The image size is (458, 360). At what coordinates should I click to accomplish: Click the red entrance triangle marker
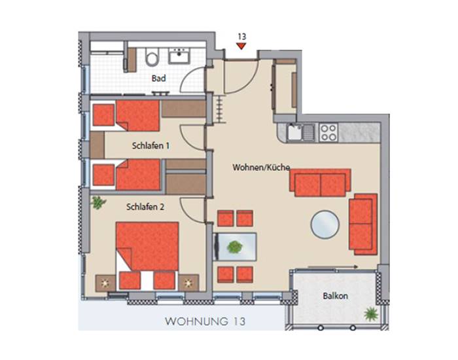[241, 46]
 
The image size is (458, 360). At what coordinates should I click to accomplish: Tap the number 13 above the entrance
[242, 37]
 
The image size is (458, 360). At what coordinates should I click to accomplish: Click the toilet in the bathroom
[152, 57]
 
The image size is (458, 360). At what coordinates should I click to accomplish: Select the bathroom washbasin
[179, 56]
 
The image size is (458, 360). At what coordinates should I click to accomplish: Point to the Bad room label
[158, 79]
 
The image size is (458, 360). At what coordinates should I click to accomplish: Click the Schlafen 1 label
[150, 145]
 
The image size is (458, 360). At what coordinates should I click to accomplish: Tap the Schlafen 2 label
[145, 207]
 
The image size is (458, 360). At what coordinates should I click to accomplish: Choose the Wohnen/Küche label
[261, 168]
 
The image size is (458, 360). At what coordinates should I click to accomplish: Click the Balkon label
[335, 296]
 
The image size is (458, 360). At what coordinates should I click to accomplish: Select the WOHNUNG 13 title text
[205, 321]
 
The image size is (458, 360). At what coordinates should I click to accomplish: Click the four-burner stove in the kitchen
[328, 132]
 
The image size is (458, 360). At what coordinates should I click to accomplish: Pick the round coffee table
[325, 225]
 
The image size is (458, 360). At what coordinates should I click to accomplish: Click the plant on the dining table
[235, 247]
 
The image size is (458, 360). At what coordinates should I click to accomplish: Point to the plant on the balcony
[371, 314]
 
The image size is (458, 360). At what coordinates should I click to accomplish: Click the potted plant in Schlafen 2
[97, 203]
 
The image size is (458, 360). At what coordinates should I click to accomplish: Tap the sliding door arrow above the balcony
[333, 267]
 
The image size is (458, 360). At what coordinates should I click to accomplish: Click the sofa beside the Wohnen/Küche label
[320, 183]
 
